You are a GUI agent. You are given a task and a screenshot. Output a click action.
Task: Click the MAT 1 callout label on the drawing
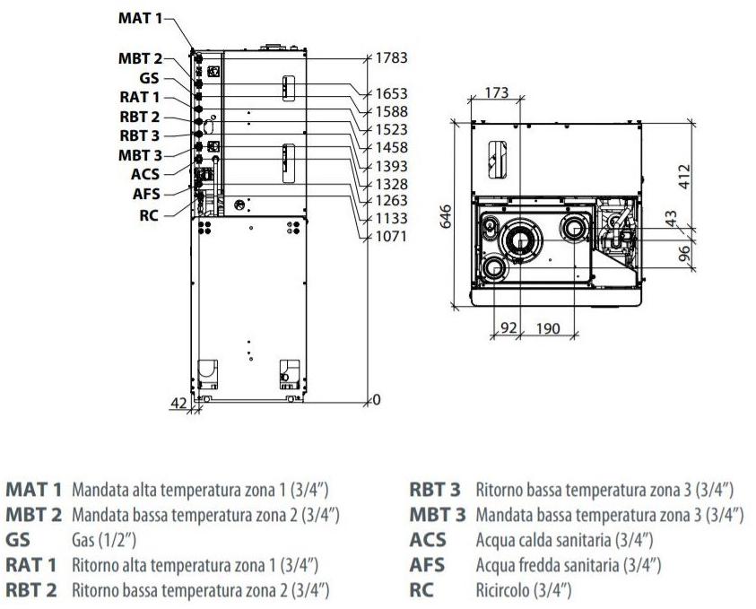coord(143,18)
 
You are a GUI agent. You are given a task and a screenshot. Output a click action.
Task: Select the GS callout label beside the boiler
coord(149,78)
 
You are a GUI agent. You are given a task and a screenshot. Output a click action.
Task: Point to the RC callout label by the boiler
coord(149,214)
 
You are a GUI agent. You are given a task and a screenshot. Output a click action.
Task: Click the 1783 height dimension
coord(392,57)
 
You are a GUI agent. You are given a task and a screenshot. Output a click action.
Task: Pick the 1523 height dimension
coord(392,129)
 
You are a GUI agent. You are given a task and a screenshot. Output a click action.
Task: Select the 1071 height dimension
coord(392,237)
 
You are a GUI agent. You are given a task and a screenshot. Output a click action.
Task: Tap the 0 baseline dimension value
coord(377,399)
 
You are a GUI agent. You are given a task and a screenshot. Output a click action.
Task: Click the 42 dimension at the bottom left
coord(178,404)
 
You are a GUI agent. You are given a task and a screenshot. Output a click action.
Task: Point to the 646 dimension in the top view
coord(446,216)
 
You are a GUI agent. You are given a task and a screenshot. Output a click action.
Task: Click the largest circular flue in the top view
coord(519,238)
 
